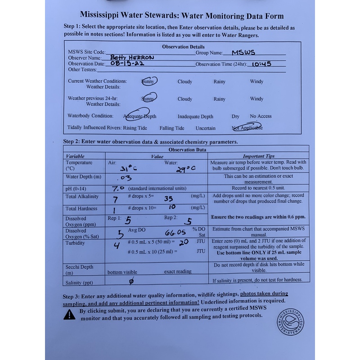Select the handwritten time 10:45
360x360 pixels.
click(261, 64)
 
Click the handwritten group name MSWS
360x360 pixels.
click(243, 53)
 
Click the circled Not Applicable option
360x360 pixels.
click(247, 127)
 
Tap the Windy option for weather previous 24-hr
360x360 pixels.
click(256, 99)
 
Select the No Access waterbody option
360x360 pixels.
click(261, 117)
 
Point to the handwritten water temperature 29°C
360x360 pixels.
click(185, 168)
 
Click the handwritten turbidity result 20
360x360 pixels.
click(184, 242)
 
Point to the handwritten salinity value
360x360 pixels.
click(131, 282)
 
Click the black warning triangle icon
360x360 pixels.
click(69, 315)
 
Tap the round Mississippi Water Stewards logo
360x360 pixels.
click(290, 322)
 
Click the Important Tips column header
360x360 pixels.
click(258, 156)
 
